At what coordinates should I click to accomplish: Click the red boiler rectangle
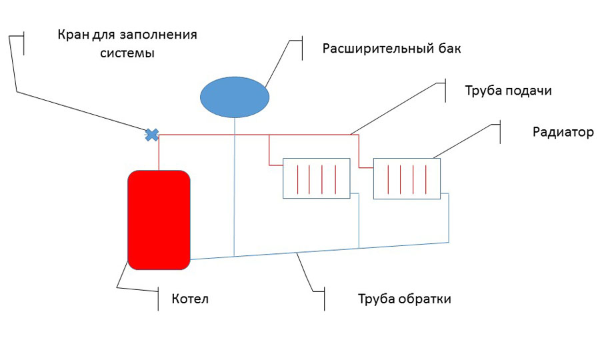[159, 219]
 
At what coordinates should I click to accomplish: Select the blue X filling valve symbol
[152, 135]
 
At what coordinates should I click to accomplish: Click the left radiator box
[317, 178]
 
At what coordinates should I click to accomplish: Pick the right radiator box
[407, 178]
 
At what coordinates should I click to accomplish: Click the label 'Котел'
[190, 299]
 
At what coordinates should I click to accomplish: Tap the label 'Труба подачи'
[508, 91]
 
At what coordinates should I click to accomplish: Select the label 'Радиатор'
[563, 132]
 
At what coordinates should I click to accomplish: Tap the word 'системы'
[127, 54]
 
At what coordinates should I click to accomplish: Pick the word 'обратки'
[425, 299]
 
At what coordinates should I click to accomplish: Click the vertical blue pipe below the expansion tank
[235, 187]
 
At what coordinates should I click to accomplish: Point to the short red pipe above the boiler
[159, 152]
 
